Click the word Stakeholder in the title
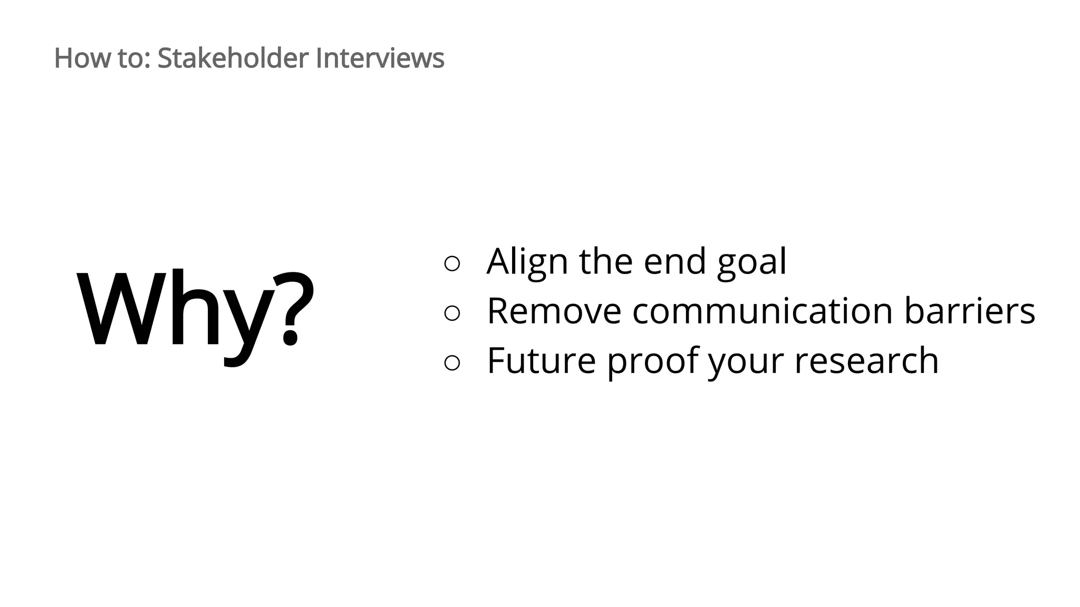point(233,58)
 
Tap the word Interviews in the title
point(380,58)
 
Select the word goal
point(751,262)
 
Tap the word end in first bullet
point(674,261)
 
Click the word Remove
point(554,311)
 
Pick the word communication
point(762,311)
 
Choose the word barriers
point(969,311)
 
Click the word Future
point(541,361)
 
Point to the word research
point(866,361)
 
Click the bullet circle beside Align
point(452,263)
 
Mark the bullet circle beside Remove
point(452,313)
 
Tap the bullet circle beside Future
point(452,363)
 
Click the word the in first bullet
point(605,261)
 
